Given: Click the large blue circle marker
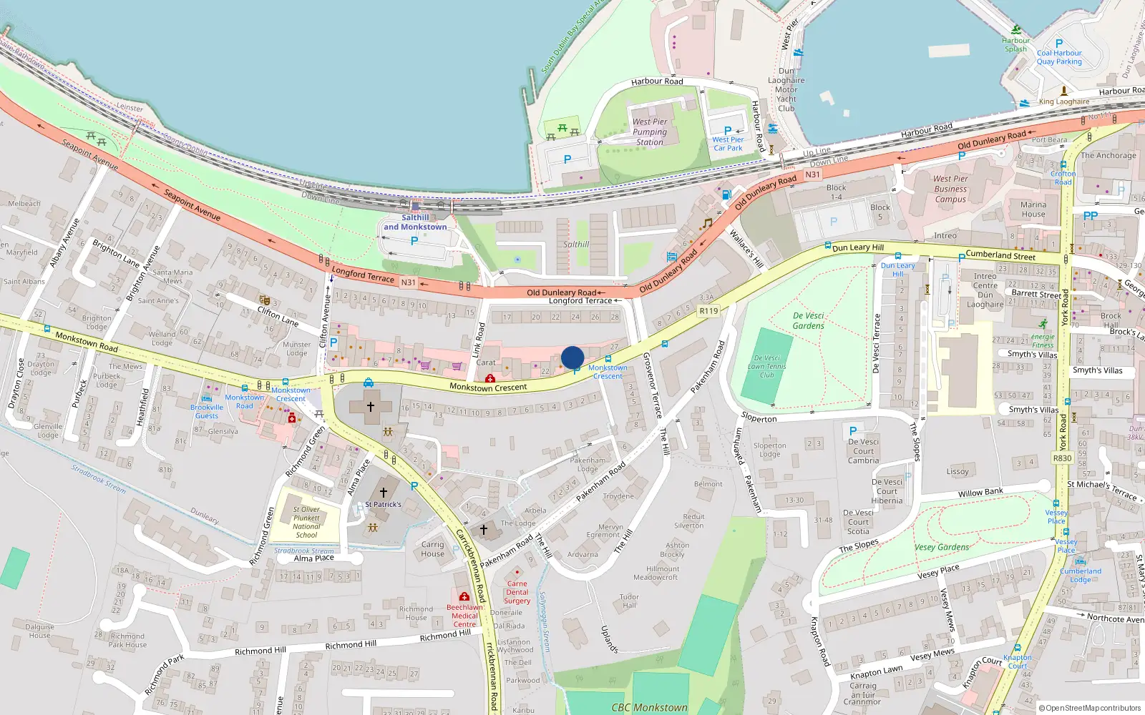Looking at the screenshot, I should (572, 357).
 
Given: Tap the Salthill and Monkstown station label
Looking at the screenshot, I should (415, 222).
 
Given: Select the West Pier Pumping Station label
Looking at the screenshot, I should (650, 132).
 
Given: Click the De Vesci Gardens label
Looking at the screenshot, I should (809, 320).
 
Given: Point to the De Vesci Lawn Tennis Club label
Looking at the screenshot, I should (766, 366).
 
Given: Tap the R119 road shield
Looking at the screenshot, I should (708, 311).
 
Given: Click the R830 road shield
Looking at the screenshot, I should (1062, 458).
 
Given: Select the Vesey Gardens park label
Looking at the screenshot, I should (942, 548).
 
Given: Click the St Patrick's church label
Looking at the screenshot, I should (383, 504).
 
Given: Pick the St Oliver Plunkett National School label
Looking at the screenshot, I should (306, 522).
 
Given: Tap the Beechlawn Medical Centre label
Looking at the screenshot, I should (464, 616).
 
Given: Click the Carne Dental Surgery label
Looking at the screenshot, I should (517, 592).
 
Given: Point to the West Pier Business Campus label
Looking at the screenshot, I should (950, 189).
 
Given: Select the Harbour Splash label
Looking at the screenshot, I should (1015, 45).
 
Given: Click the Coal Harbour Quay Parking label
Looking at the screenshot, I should (1059, 57).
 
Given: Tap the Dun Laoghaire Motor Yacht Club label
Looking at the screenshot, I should (786, 90).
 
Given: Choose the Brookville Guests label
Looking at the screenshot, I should (207, 411).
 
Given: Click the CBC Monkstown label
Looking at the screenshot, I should (649, 708).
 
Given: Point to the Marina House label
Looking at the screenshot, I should (1033, 209).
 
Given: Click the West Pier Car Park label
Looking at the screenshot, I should (728, 144).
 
